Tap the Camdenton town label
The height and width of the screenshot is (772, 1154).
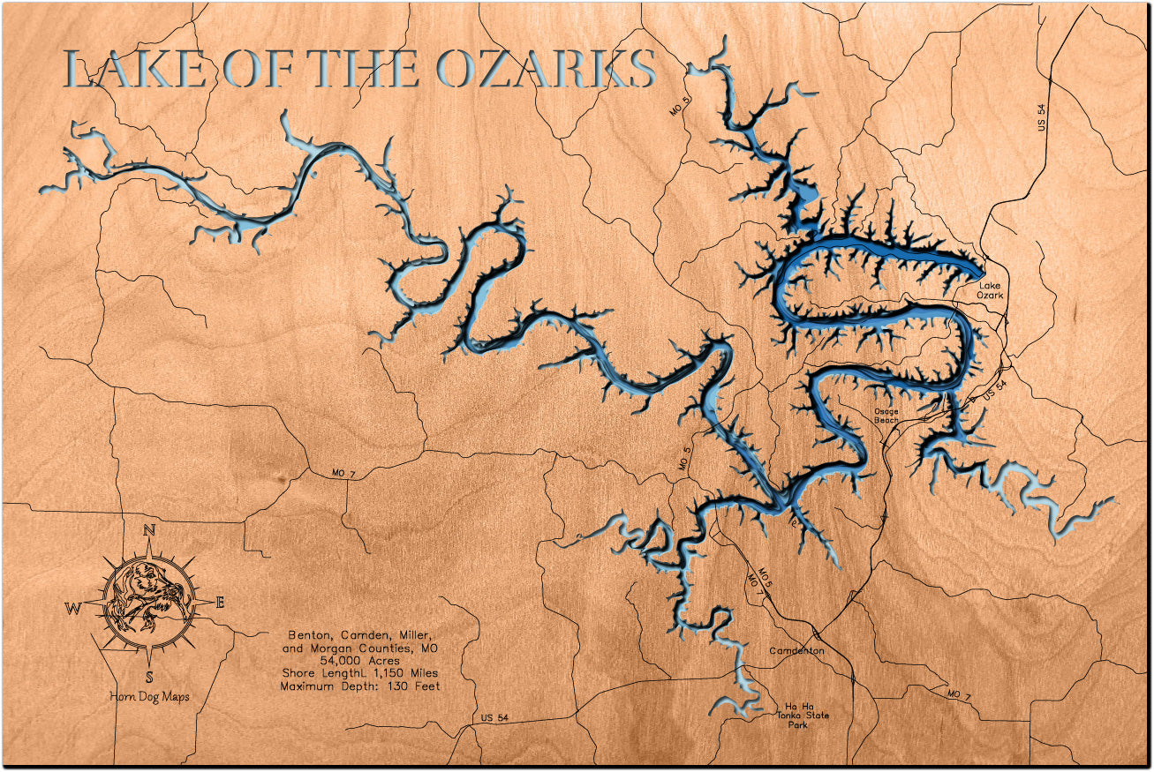point(796,651)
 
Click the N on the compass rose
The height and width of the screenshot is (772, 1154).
point(149,530)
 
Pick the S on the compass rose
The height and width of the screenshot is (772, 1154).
point(149,678)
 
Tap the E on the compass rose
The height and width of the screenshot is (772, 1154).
point(220,603)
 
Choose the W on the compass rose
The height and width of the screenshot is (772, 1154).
point(72,608)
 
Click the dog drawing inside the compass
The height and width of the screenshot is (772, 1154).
point(147,603)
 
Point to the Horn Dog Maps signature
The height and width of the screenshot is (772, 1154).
point(148,697)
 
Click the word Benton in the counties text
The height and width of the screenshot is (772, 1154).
point(308,635)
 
